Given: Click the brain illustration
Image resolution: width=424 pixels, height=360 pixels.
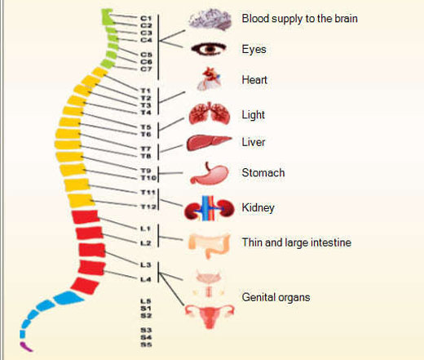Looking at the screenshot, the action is tap(210, 19).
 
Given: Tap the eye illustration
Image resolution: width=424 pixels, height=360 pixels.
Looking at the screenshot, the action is tap(209, 49).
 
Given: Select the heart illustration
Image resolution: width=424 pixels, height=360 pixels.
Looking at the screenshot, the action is tap(210, 79).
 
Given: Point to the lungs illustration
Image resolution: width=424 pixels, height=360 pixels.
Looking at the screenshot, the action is tap(210, 113).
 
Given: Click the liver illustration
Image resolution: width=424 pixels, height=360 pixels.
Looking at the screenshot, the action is tap(209, 143).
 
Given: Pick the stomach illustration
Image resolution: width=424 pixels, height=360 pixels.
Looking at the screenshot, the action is tap(210, 174).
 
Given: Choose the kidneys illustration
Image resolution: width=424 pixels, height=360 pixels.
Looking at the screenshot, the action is tap(210, 208).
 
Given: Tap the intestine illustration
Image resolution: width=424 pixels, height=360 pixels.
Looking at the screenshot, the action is tap(210, 246).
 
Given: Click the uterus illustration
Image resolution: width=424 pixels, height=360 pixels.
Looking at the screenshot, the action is tap(210, 316).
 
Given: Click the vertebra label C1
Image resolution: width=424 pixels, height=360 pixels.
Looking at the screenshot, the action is tap(146, 18).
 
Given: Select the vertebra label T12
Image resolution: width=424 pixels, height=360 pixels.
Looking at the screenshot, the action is tap(148, 207).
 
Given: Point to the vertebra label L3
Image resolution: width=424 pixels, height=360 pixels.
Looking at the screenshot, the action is tap(146, 264).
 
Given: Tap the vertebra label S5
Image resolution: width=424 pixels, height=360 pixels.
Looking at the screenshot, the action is tap(146, 344).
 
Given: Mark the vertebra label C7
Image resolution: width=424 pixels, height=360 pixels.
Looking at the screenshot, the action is tap(146, 69).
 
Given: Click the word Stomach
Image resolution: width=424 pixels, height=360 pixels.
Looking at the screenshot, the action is tap(263, 173).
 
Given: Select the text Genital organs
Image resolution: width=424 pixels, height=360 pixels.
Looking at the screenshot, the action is tap(276, 297).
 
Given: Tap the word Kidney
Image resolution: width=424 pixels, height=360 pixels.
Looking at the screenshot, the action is tap(258, 208).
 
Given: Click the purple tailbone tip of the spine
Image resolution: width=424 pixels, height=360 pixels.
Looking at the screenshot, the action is tap(26, 347).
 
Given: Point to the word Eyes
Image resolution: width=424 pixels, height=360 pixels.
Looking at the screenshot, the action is tap(254, 50).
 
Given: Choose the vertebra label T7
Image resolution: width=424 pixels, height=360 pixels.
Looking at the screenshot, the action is tap(146, 149).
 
